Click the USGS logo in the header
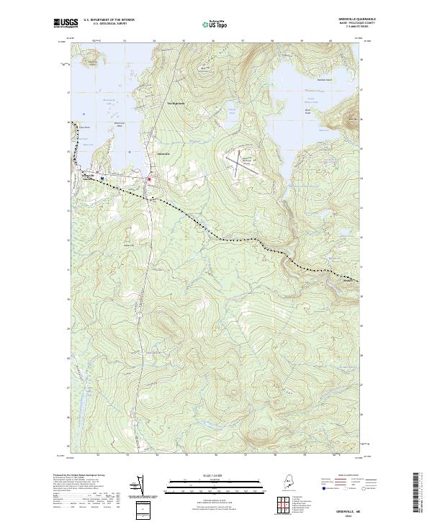(66, 23)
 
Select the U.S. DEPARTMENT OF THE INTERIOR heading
(109, 20)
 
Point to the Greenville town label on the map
(163, 153)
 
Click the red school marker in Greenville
(148, 179)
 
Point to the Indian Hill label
(132, 243)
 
